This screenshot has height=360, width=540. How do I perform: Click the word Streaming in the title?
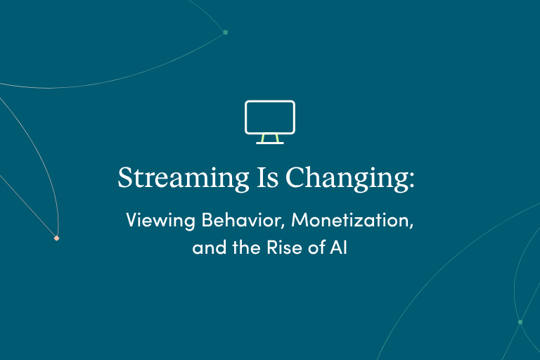coord(184,178)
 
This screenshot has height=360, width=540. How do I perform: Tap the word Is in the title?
coord(268,177)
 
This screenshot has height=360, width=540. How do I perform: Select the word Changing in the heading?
coord(347,178)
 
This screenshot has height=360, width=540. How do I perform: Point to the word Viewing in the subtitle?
coord(160,220)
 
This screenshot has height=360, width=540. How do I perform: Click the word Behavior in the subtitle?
coord(241,219)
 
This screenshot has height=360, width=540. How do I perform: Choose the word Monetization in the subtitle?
coord(350,219)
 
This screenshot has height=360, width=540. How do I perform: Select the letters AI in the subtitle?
coord(338,247)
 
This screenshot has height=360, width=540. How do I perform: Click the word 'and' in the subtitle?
coord(209,247)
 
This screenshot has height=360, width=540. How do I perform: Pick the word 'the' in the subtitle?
coord(246,247)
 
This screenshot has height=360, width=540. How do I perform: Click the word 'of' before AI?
coord(317,247)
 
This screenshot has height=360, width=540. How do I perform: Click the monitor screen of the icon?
coord(270,101)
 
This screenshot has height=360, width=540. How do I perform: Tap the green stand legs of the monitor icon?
coord(270,138)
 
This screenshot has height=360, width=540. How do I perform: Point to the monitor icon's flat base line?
coord(270,143)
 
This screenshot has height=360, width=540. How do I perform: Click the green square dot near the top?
coord(226,32)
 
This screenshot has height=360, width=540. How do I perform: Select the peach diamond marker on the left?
coord(56,238)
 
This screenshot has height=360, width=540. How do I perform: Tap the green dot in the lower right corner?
coord(520,322)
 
